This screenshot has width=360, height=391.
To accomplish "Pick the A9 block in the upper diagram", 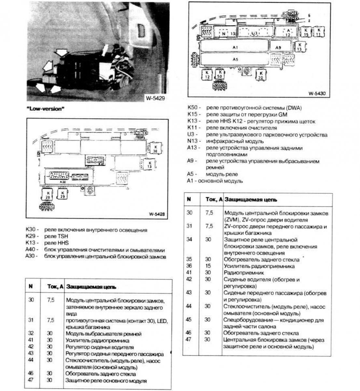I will [x=278, y=48].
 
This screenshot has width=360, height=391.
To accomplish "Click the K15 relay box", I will [x=306, y=32].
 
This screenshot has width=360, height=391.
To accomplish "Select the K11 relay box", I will [x=318, y=32].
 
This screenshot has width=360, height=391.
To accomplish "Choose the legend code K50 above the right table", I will [x=194, y=108].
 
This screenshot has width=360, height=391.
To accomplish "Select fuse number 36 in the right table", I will [x=189, y=266].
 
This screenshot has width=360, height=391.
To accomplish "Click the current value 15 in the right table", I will [x=208, y=266].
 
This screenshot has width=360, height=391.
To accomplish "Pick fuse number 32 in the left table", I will [x=31, y=333].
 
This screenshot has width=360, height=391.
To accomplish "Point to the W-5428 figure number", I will [x=157, y=214].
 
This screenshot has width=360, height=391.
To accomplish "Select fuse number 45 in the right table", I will [x=189, y=319].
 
